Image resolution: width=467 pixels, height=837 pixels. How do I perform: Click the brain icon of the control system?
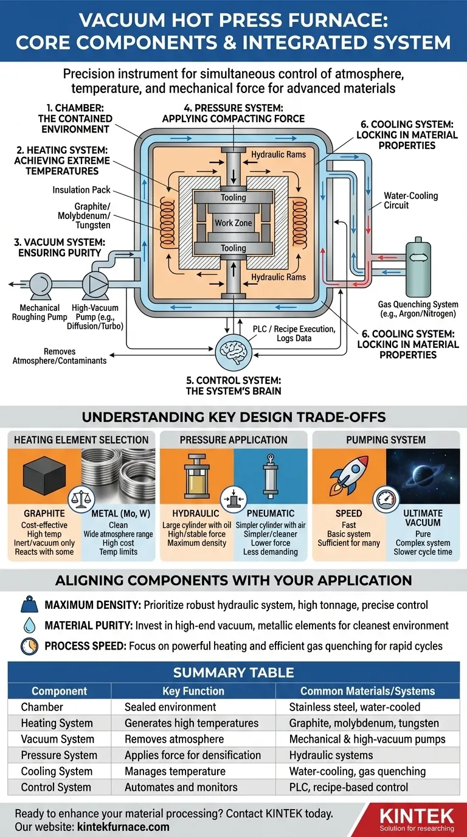click(233, 352)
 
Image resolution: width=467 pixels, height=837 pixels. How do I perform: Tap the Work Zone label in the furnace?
click(233, 223)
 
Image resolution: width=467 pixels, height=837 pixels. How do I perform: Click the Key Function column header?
click(193, 691)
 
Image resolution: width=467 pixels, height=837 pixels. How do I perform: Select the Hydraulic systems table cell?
click(331, 755)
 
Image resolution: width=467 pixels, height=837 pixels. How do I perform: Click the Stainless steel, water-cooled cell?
click(355, 707)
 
